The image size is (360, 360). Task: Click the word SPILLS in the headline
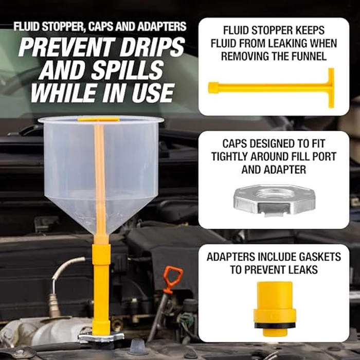click(x=128, y=70)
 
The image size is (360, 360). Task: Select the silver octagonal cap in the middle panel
click(x=274, y=200)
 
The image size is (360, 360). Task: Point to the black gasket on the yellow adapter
click(x=274, y=326)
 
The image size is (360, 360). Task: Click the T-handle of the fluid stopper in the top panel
click(x=331, y=88)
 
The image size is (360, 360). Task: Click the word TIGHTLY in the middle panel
click(x=229, y=157)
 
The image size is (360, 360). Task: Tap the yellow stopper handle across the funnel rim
click(x=99, y=119)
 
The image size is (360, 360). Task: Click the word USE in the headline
click(x=153, y=93)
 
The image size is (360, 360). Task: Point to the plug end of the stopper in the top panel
click(x=213, y=88)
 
